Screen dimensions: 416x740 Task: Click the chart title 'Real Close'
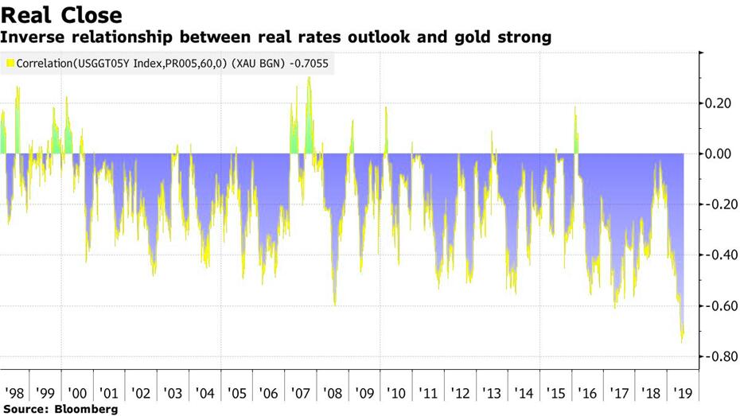pyautogui.click(x=62, y=15)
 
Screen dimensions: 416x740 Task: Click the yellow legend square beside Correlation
pyautogui.click(x=9, y=62)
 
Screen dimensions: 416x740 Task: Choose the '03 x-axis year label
pyautogui.click(x=172, y=393)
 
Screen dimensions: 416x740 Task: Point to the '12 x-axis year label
pyautogui.click(x=459, y=393)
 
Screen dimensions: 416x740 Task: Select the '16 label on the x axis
pyautogui.click(x=586, y=393)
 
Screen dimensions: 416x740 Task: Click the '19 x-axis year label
pyautogui.click(x=683, y=393)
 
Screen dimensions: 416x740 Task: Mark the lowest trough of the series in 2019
pyautogui.click(x=682, y=343)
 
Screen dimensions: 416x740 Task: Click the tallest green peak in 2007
pyautogui.click(x=309, y=78)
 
